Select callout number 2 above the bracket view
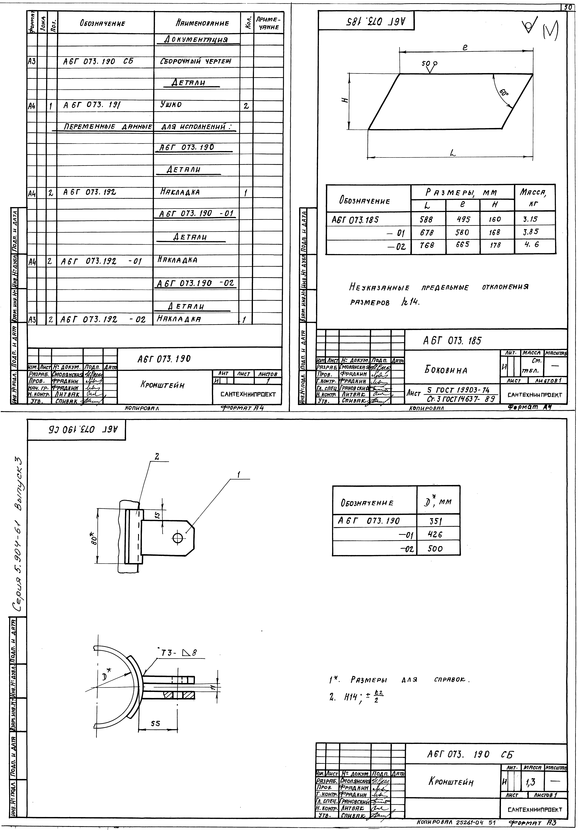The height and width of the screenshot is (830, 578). (156, 457)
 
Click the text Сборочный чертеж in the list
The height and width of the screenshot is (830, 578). (195, 61)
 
